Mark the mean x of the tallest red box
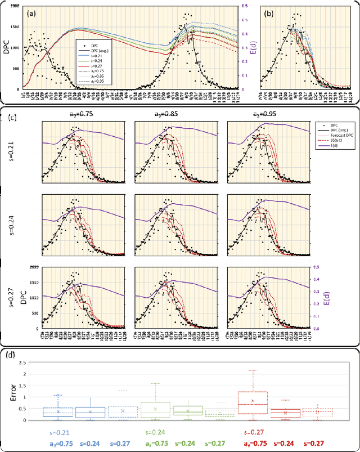coord(253,401)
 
